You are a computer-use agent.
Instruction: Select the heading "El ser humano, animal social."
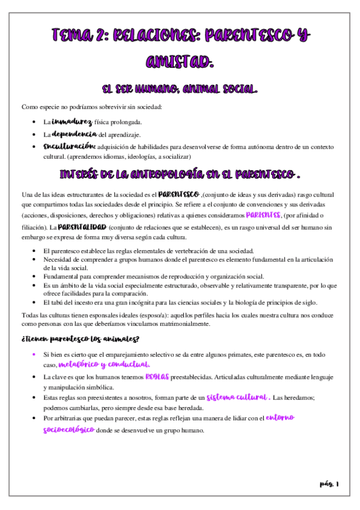click(180, 89)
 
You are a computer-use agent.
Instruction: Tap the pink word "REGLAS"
click(158, 376)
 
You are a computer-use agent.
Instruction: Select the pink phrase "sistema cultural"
click(237, 398)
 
